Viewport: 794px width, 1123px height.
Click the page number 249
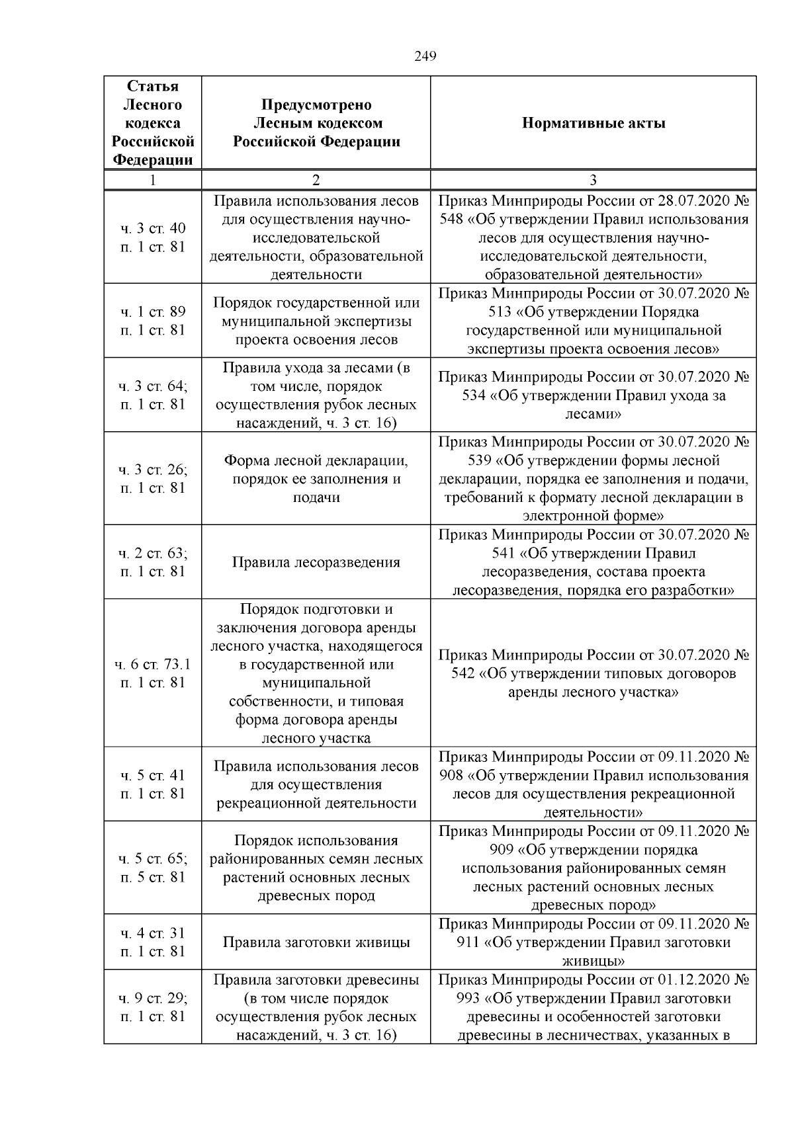[425, 57]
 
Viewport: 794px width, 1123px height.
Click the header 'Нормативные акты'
[594, 123]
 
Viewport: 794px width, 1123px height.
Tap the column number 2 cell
[316, 180]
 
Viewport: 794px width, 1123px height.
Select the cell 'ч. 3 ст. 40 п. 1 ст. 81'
[153, 237]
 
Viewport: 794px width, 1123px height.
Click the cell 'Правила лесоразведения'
[316, 562]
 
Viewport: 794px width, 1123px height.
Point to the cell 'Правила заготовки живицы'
[316, 942]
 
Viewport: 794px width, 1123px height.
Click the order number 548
[451, 219]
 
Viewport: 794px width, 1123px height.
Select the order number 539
[451, 460]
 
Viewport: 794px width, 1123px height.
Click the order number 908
[451, 775]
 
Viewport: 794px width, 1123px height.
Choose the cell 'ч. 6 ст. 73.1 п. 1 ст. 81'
[153, 673]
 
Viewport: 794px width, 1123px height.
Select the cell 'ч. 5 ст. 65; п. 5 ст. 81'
[153, 868]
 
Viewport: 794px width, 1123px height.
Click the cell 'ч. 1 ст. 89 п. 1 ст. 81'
[153, 321]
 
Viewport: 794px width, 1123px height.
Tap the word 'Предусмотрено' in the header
[316, 104]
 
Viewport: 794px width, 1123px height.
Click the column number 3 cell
[594, 180]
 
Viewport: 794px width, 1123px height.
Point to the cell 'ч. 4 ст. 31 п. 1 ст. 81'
[153, 942]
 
